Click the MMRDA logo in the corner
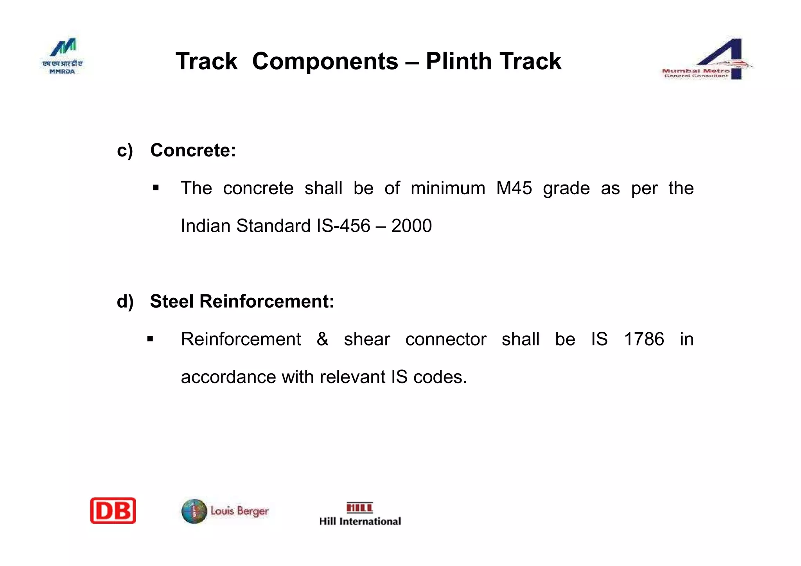coord(63,56)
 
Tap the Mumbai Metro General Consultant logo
coord(706,60)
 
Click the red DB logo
coord(113,510)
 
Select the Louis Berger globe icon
coord(194,511)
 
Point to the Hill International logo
coord(360,514)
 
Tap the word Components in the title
coord(325,61)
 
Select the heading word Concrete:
coord(193,150)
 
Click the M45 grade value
coord(514,188)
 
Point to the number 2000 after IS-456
coord(411,226)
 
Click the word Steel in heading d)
coord(172,301)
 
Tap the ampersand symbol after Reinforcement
coord(322,339)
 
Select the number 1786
coord(644,339)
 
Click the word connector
coord(446,339)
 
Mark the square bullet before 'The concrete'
coord(156,188)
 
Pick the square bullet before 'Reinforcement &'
coord(150,339)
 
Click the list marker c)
coord(125,150)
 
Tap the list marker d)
coord(125,301)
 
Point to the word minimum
coord(448,188)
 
